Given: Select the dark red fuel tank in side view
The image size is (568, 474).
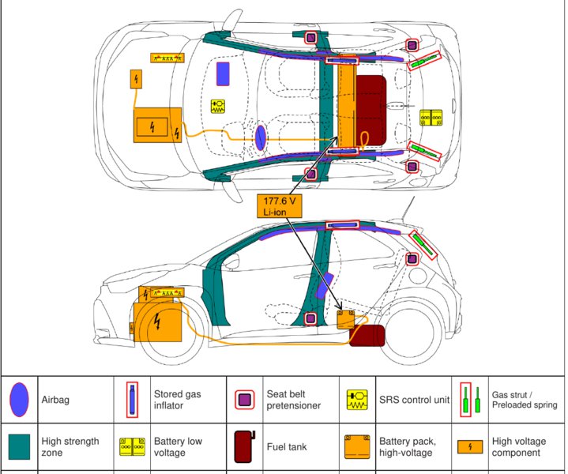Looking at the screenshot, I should click(367, 335).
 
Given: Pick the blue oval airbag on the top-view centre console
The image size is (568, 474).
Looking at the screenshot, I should click(260, 137).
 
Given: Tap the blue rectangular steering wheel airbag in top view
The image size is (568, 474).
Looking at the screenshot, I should click(224, 73).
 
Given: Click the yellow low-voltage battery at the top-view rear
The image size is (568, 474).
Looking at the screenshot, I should click(431, 117).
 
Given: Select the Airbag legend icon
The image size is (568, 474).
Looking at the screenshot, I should click(20, 398).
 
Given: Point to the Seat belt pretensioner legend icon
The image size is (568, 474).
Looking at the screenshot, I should click(246, 400).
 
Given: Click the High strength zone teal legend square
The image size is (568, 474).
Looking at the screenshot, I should click(20, 447).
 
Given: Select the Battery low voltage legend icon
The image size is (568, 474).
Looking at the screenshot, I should click(131, 447).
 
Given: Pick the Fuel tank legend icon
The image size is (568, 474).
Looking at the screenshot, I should click(246, 447).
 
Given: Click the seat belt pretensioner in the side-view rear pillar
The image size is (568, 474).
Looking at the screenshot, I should click(412, 258).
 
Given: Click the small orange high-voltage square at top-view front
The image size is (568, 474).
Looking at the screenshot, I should click(136, 79).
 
